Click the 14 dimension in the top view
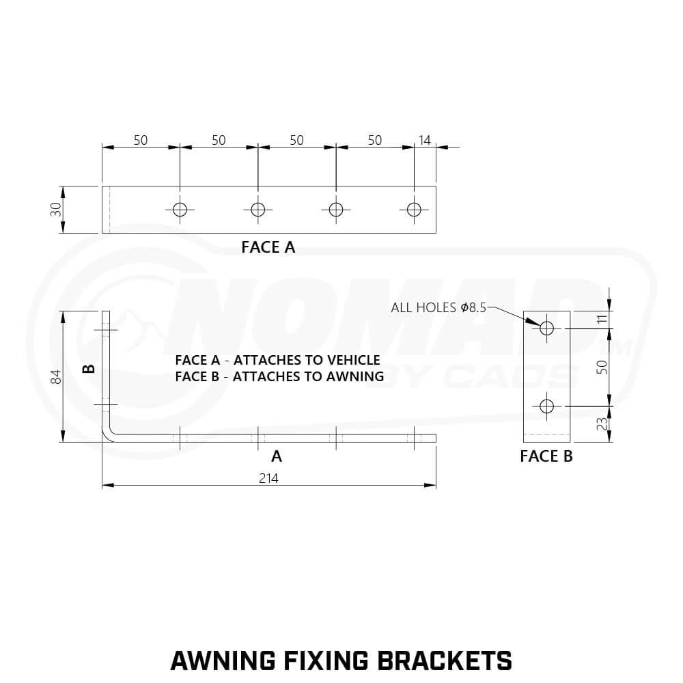click(424, 140)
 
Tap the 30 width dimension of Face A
click(56, 210)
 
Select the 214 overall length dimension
click(268, 478)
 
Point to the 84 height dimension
click(56, 377)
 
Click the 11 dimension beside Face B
click(602, 319)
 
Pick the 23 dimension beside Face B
click(602, 424)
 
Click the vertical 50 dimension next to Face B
click(602, 367)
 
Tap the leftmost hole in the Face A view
click(180, 210)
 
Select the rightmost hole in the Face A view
click(414, 210)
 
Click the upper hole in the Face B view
click(546, 328)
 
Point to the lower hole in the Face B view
click(546, 406)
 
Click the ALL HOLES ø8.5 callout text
click(438, 307)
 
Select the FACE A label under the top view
click(268, 247)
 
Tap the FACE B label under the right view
click(546, 456)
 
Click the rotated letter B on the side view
click(89, 369)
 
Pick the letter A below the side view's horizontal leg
click(277, 456)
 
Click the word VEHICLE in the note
click(353, 360)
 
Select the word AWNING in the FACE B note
click(355, 376)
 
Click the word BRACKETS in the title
click(445, 660)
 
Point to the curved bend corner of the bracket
click(109, 434)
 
